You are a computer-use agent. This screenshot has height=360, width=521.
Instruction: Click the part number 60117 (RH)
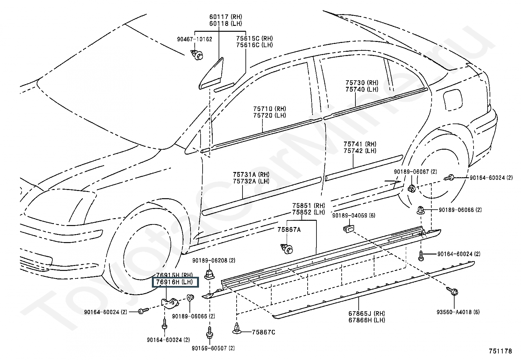(x=225, y=17)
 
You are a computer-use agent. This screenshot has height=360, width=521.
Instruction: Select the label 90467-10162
(x=194, y=39)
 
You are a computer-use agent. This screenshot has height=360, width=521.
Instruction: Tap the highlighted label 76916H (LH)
(x=174, y=282)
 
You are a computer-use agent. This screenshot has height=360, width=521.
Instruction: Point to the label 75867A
(x=289, y=230)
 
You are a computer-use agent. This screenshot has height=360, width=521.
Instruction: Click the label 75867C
(x=263, y=332)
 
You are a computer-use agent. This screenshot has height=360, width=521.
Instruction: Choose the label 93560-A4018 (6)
(x=458, y=312)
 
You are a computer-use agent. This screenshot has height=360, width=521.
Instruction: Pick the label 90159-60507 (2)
(x=213, y=348)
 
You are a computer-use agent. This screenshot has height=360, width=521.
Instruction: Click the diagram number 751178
(x=500, y=351)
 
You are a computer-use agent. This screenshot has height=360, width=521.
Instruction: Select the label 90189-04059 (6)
(x=353, y=216)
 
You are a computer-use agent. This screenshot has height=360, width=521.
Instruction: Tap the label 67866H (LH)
(x=367, y=320)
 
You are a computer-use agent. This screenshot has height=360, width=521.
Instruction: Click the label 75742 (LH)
(x=360, y=151)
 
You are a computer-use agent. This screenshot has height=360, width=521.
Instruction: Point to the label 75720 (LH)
(x=270, y=116)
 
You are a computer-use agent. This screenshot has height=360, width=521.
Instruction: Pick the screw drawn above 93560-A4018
(x=452, y=291)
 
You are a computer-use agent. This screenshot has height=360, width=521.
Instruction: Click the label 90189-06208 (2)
(x=214, y=260)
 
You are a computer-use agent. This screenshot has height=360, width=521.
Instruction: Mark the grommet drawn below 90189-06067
(x=412, y=188)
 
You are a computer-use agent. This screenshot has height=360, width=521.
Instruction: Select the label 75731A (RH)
(x=251, y=175)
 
